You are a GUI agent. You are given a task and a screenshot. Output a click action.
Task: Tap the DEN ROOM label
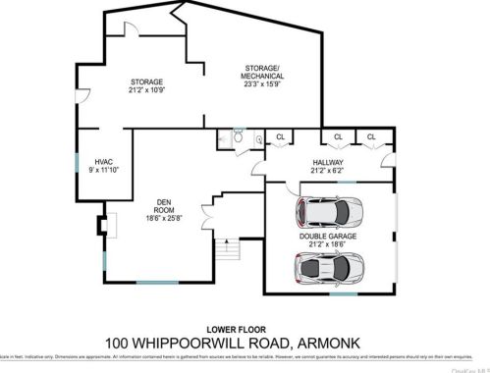(x=164, y=206)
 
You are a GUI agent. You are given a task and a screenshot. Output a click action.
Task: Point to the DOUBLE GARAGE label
(x=329, y=237)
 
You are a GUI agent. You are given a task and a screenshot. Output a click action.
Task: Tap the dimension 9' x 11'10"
(x=105, y=169)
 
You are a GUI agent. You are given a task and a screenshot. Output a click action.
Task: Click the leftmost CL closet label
(x=281, y=136)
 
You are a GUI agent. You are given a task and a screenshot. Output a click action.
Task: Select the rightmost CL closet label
(x=372, y=136)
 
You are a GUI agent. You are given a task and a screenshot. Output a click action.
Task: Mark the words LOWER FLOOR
(x=245, y=329)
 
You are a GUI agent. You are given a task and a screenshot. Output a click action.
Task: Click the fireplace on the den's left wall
(x=102, y=225)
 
